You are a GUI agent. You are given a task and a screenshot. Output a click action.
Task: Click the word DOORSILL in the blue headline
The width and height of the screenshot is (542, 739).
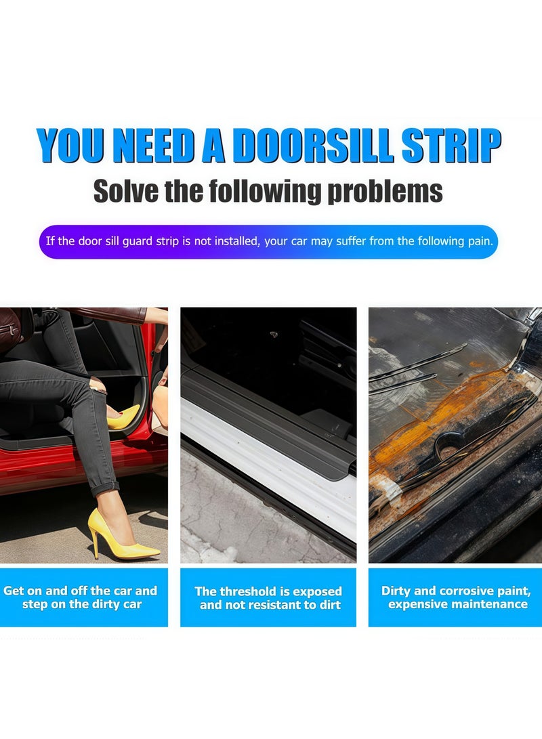tap(311, 146)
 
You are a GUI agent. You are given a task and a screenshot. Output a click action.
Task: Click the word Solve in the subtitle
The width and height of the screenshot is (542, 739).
tap(125, 191)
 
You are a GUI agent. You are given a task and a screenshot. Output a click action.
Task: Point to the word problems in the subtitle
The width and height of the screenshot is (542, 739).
tap(385, 192)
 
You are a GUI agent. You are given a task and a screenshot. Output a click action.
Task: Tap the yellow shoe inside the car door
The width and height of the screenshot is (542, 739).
tap(125, 416)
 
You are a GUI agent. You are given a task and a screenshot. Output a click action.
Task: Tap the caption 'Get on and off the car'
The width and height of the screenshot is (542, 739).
tap(80, 591)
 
